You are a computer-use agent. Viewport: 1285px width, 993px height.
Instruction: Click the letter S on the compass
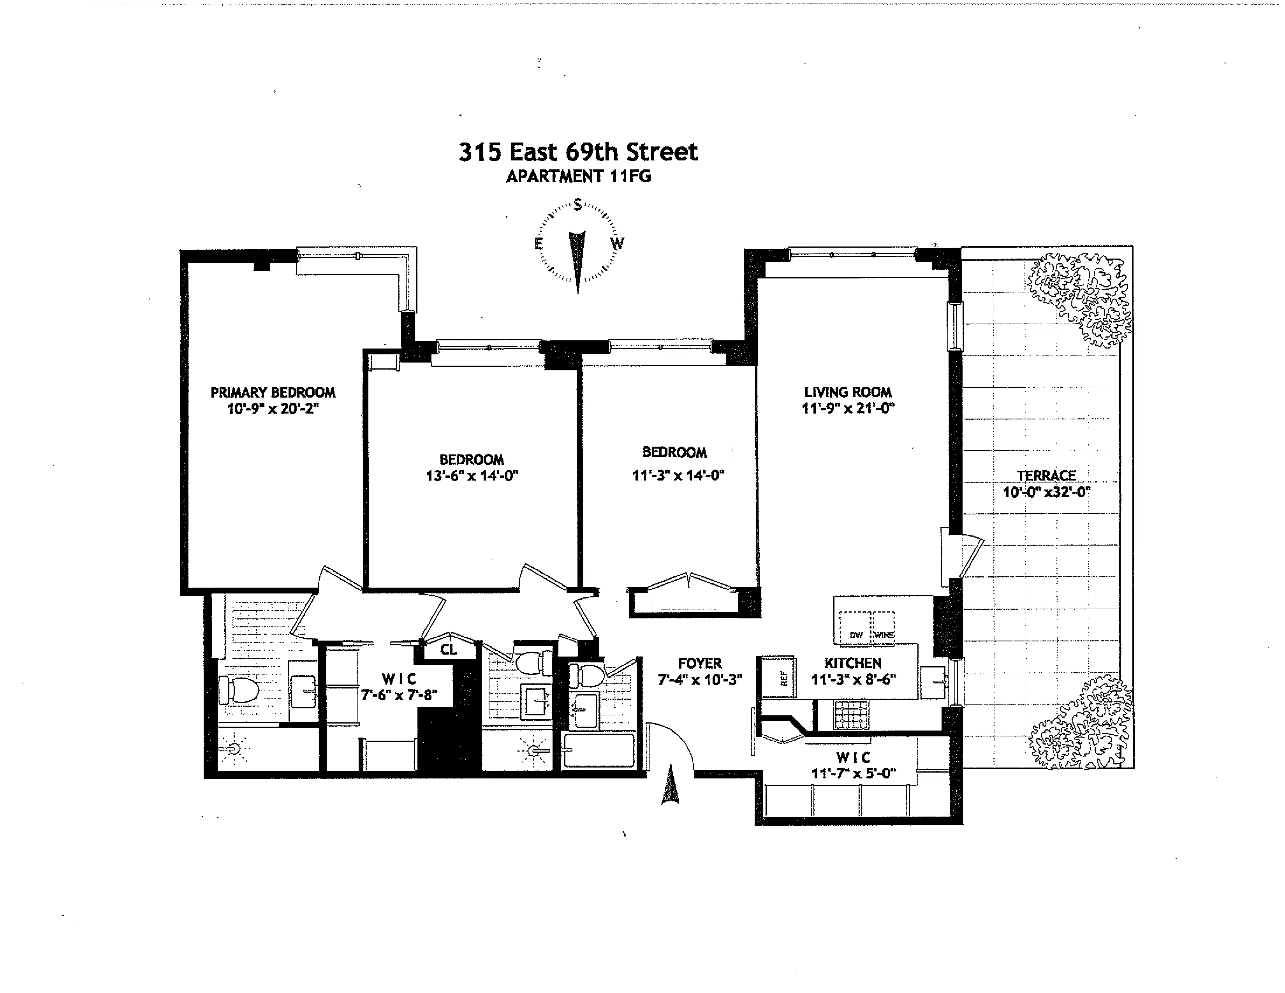(578, 205)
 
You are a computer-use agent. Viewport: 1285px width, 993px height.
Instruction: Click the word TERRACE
(1046, 475)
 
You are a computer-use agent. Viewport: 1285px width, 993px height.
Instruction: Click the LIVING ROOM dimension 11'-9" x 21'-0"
(848, 408)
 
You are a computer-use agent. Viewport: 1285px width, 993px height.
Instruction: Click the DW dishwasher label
(856, 635)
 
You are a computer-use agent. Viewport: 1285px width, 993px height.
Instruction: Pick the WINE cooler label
(884, 635)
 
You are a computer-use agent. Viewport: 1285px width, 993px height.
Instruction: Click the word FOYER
(700, 663)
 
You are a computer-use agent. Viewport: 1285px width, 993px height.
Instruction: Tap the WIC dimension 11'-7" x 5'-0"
(853, 773)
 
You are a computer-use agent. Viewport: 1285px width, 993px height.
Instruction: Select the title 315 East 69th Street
(578, 152)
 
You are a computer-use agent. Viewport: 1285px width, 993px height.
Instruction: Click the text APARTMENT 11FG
(578, 176)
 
